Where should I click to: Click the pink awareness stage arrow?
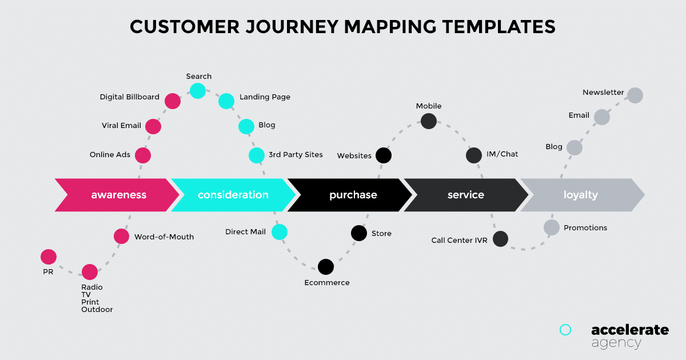click(118, 195)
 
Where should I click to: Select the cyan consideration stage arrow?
click(233, 195)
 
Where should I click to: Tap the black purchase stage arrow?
click(353, 195)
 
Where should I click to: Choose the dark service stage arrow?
click(465, 195)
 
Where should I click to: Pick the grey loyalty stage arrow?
click(580, 195)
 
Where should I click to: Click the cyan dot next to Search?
click(197, 90)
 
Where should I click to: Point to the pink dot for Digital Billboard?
click(172, 101)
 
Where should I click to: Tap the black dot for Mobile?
click(429, 121)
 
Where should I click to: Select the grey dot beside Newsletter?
click(635, 95)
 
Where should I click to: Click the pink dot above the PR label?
click(49, 257)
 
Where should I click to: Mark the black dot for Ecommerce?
click(326, 266)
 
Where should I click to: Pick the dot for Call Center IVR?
click(500, 239)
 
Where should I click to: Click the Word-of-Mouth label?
click(164, 237)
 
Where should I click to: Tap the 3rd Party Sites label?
click(296, 155)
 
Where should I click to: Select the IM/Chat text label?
click(502, 154)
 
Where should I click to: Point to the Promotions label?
click(585, 228)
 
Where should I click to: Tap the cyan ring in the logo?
click(565, 330)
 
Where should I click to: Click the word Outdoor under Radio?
click(97, 310)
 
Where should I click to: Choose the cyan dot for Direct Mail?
click(279, 231)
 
